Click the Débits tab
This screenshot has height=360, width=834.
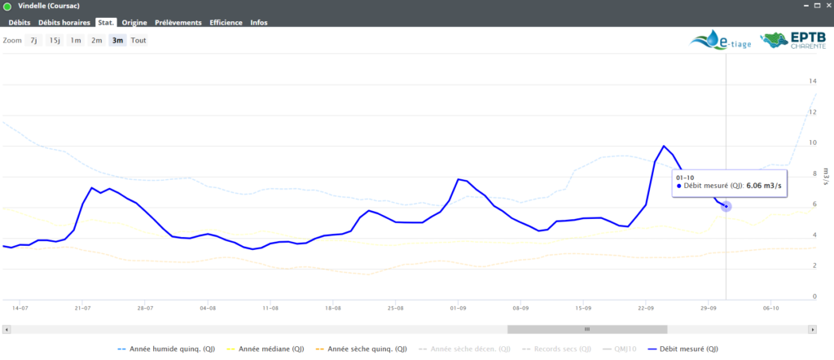(19, 22)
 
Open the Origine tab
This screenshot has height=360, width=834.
(134, 22)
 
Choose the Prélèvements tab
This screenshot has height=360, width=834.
(178, 22)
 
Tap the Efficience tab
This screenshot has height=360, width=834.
(226, 22)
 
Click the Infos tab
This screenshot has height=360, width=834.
(259, 22)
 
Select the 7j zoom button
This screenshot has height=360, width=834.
(34, 40)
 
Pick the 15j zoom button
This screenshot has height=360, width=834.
(55, 40)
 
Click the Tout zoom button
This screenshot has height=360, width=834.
(138, 40)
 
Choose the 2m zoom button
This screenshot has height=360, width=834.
(97, 40)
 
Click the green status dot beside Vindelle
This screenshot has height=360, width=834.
(7, 7)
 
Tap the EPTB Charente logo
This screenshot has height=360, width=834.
(788, 42)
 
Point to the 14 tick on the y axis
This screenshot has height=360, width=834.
(812, 81)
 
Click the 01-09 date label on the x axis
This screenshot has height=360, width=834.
(458, 309)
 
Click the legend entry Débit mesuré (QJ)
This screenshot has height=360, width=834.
(689, 349)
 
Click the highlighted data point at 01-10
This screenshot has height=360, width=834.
(726, 206)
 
